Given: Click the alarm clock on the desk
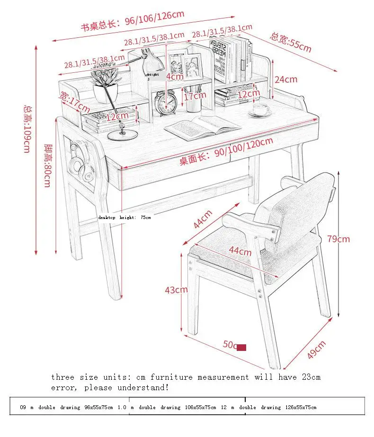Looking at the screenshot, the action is (165, 103).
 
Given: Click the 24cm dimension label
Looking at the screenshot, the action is (286, 79).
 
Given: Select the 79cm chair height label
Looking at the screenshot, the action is (338, 239).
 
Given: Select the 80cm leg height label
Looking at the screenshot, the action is (47, 159).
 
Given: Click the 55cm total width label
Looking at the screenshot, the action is (291, 42).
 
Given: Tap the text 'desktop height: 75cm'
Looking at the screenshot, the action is (125, 218).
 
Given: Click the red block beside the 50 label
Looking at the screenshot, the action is (241, 348).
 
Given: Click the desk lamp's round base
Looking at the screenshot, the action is (122, 135).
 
